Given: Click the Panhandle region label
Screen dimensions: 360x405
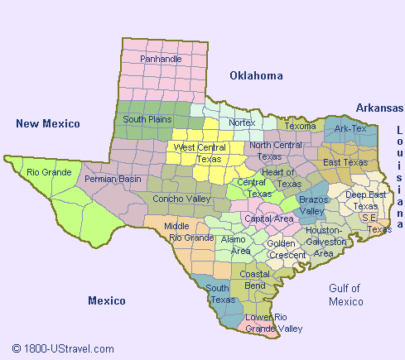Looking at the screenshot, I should [x=161, y=60].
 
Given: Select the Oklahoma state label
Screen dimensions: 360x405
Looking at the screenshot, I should [x=256, y=75].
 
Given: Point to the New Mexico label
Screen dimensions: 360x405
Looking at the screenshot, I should [x=48, y=123].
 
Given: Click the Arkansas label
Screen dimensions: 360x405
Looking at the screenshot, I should [x=378, y=108].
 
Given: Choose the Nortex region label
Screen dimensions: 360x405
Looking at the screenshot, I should [x=242, y=122].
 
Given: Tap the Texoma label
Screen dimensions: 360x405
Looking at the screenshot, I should [x=301, y=127].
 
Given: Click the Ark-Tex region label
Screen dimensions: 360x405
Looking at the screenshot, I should [x=351, y=129].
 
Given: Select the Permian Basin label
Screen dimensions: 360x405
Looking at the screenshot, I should [x=113, y=179].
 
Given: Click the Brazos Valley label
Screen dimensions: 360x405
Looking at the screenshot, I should [x=314, y=205].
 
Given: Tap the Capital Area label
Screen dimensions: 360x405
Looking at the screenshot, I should [x=270, y=218].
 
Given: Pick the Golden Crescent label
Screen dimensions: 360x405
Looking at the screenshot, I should [x=287, y=249].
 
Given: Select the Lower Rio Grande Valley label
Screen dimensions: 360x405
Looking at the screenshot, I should [x=274, y=323].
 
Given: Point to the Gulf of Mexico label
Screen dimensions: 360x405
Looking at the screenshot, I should [x=345, y=295].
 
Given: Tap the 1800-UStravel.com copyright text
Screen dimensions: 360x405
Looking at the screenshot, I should [x=63, y=349].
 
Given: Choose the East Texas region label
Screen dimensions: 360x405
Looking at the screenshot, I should [x=345, y=162].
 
